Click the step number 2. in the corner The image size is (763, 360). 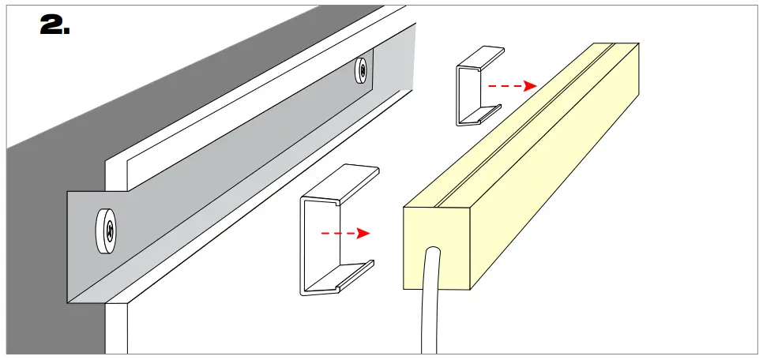point(54,26)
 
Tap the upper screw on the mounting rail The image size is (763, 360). point(361,70)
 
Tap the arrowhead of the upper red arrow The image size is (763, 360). point(531,85)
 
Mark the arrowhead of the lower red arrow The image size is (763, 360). point(363,234)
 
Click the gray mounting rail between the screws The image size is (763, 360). point(237,158)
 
